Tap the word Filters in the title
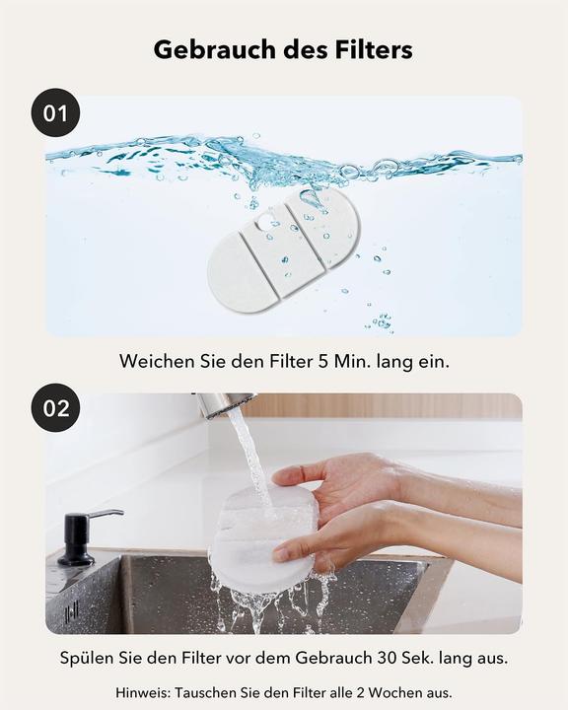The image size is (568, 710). click(x=374, y=49)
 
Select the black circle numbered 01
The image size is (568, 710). click(x=55, y=112)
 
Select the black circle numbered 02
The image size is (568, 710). click(x=55, y=407)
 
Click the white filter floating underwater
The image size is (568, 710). click(x=284, y=248)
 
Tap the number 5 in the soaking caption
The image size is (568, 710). click(x=322, y=362)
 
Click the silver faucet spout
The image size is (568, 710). click(x=223, y=404)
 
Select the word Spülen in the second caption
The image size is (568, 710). click(x=87, y=658)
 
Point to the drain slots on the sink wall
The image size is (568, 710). click(x=72, y=611)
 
